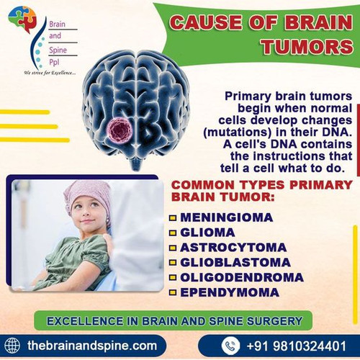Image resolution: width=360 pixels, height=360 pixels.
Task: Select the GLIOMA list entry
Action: [208, 232]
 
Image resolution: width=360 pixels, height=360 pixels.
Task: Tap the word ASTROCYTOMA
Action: [228, 247]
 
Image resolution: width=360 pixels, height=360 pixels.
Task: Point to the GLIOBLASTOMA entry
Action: [235, 262]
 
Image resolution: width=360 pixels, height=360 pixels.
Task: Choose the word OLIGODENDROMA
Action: [242, 277]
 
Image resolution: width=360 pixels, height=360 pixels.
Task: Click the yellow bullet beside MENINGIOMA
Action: [173, 217]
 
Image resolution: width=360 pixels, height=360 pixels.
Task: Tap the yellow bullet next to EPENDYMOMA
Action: [173, 293]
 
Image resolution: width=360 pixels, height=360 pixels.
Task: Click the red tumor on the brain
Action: [120, 130]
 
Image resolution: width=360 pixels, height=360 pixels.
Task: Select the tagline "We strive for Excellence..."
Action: [50, 73]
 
